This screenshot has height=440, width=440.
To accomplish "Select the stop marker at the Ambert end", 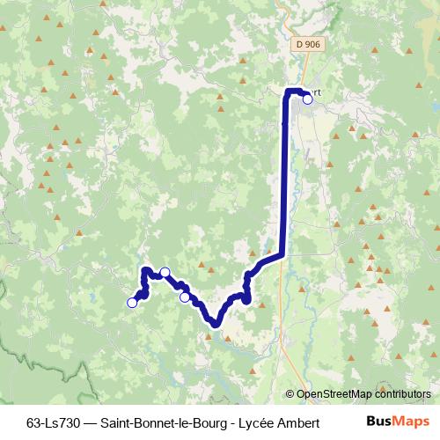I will click(307, 99).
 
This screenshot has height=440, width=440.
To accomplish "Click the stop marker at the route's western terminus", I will click(132, 303).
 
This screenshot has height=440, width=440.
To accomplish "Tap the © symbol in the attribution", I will click(290, 395).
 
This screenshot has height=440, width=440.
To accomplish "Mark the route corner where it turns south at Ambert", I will click(286, 92).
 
